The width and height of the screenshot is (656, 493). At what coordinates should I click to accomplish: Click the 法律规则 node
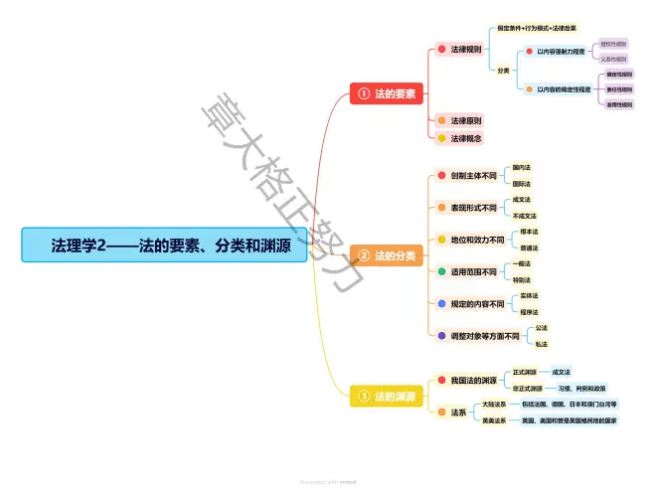click(x=466, y=49)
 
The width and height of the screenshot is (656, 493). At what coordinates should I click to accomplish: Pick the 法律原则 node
click(x=466, y=121)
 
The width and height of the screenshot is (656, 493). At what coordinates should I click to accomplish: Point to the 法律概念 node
click(x=466, y=138)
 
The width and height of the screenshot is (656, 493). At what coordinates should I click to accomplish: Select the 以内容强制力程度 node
click(x=561, y=51)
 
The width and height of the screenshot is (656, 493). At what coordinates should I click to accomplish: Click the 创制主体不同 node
click(x=472, y=176)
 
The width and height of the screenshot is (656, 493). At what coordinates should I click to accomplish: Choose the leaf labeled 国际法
click(x=521, y=184)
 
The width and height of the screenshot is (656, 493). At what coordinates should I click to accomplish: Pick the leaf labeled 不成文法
click(x=525, y=216)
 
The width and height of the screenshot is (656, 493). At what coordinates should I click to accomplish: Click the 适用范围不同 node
click(x=472, y=271)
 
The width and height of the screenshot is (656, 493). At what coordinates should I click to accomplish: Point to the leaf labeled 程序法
click(x=529, y=312)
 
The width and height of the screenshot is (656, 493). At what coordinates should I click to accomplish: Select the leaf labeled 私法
click(x=541, y=344)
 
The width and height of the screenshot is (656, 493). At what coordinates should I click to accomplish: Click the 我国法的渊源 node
click(x=473, y=380)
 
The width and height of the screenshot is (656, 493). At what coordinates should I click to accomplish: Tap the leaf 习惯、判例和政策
click(x=581, y=389)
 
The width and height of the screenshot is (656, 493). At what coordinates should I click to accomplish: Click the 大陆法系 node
click(x=494, y=405)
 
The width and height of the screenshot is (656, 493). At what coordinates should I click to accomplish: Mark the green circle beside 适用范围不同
click(x=441, y=271)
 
